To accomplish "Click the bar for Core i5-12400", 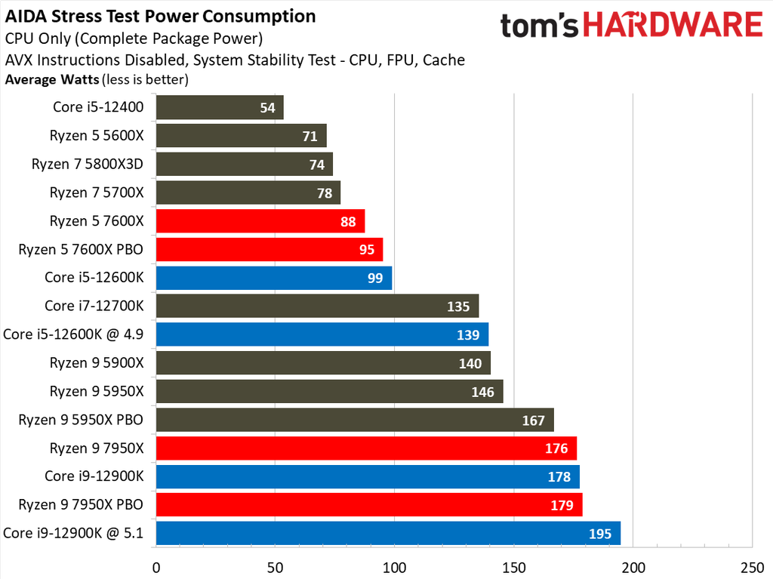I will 219,107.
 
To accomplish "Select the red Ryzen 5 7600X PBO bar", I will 269,249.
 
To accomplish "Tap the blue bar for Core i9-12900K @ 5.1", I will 388,533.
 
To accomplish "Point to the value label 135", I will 458,306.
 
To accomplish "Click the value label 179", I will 562,505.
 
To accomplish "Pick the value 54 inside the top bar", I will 267,108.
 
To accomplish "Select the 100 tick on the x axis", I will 394,567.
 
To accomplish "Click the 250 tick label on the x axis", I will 752,567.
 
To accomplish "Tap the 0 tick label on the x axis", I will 156,567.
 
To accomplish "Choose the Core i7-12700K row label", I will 94,306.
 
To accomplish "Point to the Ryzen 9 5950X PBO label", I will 81,420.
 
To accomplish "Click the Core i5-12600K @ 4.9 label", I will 74,334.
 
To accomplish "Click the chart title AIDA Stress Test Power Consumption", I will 161,16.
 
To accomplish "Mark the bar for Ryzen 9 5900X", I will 323,363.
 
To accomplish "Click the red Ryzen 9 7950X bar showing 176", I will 366,448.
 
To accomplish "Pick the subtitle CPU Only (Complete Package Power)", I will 134,38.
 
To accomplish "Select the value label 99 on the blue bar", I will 375,278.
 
